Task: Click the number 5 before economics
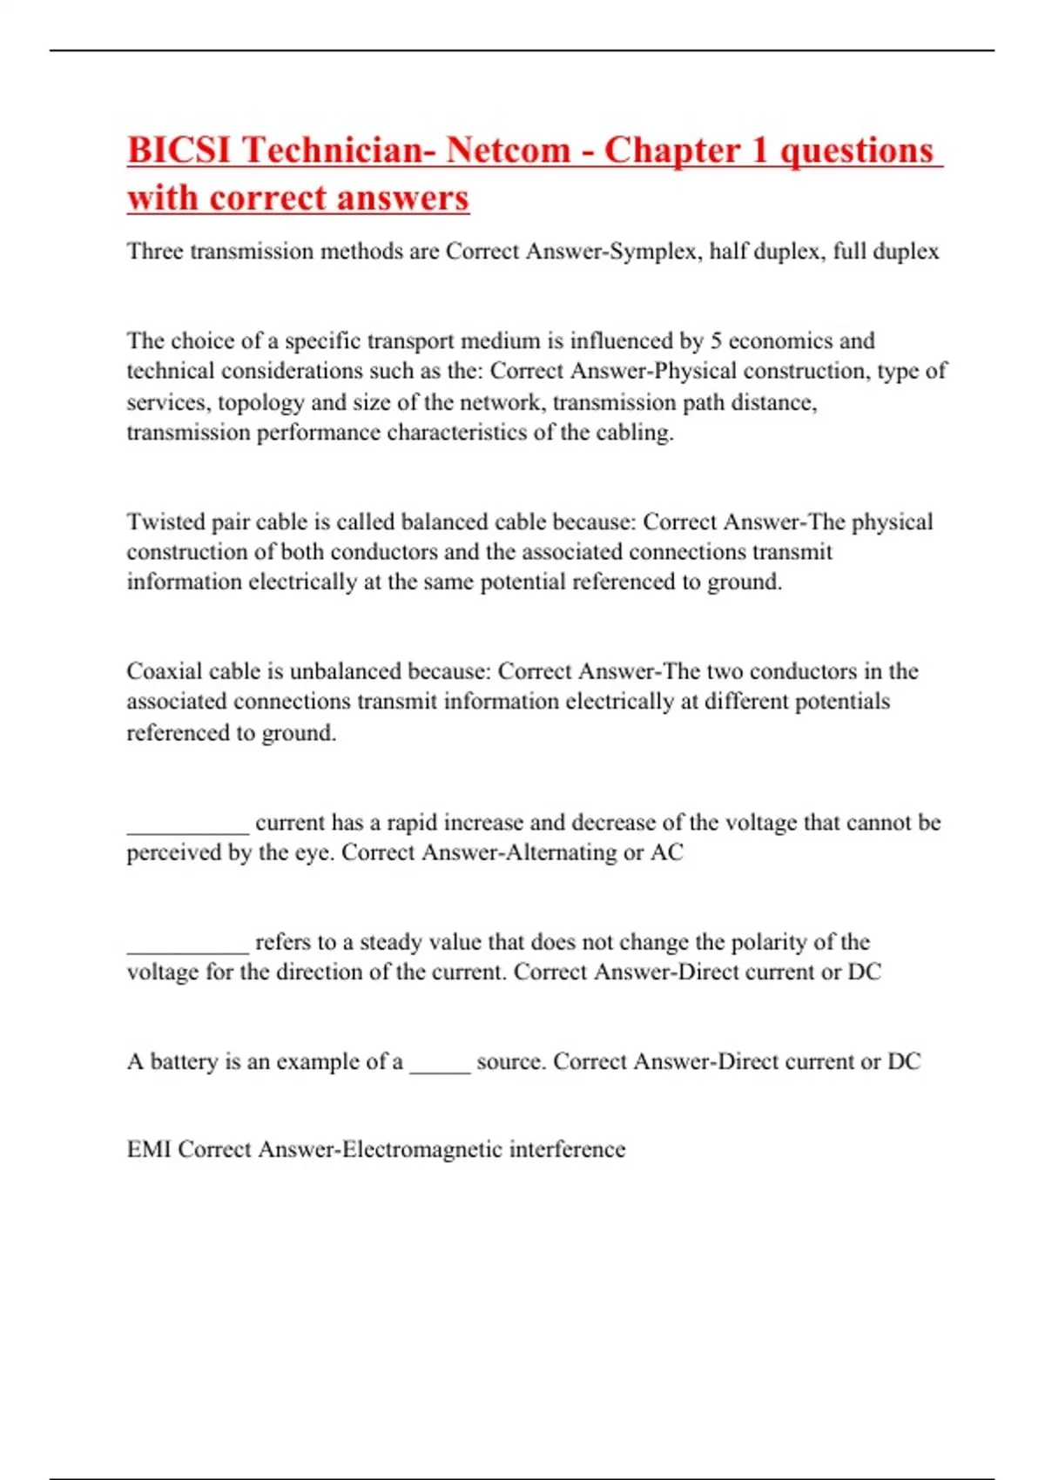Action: (715, 340)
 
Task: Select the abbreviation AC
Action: (667, 852)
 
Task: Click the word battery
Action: (185, 1061)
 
